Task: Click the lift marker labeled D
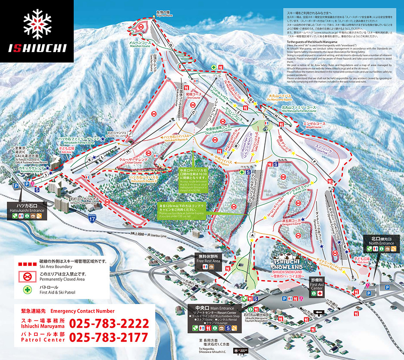click(x=171, y=44)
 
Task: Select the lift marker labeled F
click(x=315, y=161)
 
